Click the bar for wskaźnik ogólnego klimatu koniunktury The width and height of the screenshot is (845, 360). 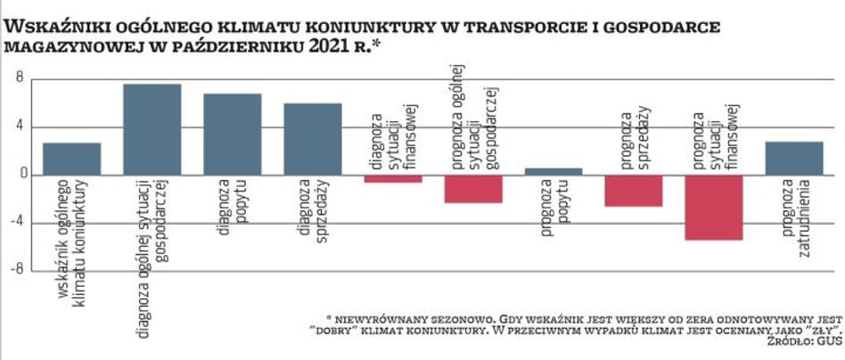pyautogui.click(x=71, y=159)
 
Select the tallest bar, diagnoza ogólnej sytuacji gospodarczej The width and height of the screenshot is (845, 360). pyautogui.click(x=152, y=129)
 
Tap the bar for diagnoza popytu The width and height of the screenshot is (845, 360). pyautogui.click(x=232, y=135)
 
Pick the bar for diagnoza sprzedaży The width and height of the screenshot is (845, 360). pyautogui.click(x=313, y=139)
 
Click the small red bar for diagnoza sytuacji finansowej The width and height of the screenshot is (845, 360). pyautogui.click(x=393, y=178)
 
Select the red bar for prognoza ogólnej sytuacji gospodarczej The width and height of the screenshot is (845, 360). pyautogui.click(x=473, y=189)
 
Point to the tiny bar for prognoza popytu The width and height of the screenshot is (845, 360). pyautogui.click(x=554, y=171)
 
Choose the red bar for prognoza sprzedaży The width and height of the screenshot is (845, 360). pyautogui.click(x=634, y=191)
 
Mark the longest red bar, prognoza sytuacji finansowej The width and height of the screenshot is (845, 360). pyautogui.click(x=714, y=208)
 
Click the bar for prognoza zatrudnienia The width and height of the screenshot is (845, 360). pyautogui.click(x=794, y=158)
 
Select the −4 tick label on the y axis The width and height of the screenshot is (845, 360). pyautogui.click(x=15, y=222)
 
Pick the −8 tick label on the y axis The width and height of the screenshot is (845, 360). pyautogui.click(x=15, y=269)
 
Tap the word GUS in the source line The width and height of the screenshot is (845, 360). pyautogui.click(x=829, y=340)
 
